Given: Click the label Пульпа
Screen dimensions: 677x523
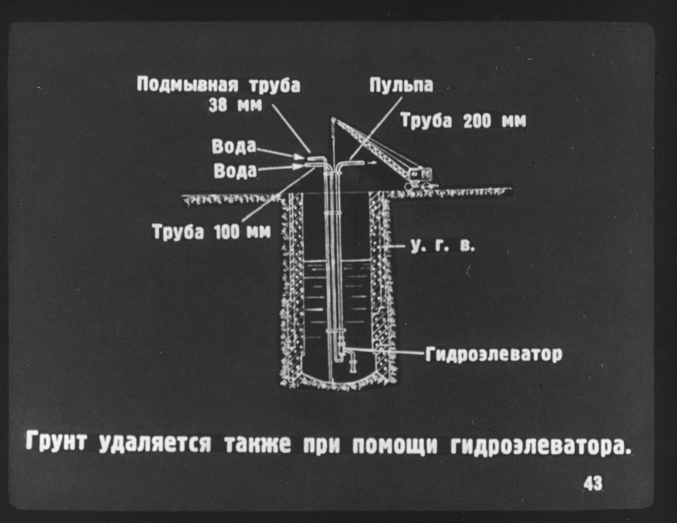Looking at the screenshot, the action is point(401,85).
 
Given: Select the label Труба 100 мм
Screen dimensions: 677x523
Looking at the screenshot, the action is point(212,232).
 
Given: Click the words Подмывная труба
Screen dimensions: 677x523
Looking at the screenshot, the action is point(218,85).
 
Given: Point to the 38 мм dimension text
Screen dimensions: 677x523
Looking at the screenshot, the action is point(235,106).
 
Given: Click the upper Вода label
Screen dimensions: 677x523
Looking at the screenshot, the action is point(234,146).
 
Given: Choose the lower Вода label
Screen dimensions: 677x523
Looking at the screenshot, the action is point(235,171).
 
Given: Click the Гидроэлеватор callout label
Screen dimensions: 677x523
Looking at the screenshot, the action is point(494,354).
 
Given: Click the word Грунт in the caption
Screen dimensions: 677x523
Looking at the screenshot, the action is point(56,442).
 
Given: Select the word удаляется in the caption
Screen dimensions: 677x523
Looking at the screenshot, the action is point(155,443).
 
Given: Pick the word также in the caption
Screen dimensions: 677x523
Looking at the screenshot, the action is point(257,443).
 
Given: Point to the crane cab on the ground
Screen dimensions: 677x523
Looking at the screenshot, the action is point(421,176).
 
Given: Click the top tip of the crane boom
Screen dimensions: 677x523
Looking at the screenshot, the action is point(333,119).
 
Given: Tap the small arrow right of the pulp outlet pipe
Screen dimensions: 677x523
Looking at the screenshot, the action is point(372,163).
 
